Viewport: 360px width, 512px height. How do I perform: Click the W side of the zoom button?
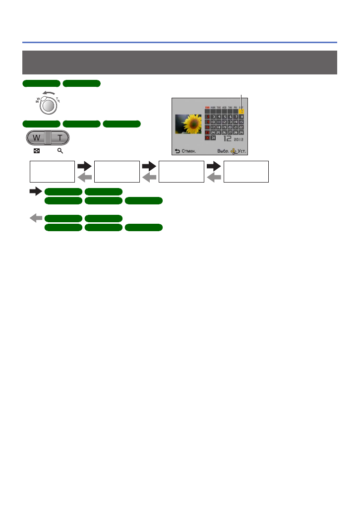pos(37,138)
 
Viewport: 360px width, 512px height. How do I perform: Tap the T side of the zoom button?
pos(60,138)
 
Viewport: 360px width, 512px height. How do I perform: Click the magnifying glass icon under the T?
pos(60,150)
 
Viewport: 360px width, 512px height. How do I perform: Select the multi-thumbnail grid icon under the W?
pos(37,150)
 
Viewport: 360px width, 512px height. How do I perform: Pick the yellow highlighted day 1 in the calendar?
pos(241,111)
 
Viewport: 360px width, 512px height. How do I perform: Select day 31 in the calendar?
pos(213,138)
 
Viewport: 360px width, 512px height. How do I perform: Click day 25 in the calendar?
pos(219,132)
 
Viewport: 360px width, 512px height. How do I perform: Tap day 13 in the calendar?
pos(230,122)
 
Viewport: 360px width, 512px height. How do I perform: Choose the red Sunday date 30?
pos(207,138)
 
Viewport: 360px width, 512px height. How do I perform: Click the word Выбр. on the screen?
pos(223,151)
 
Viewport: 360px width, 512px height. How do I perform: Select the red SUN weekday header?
pos(207,107)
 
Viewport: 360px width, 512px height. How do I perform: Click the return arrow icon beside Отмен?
pos(177,151)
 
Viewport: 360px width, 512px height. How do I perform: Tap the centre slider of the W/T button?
pos(48,138)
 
